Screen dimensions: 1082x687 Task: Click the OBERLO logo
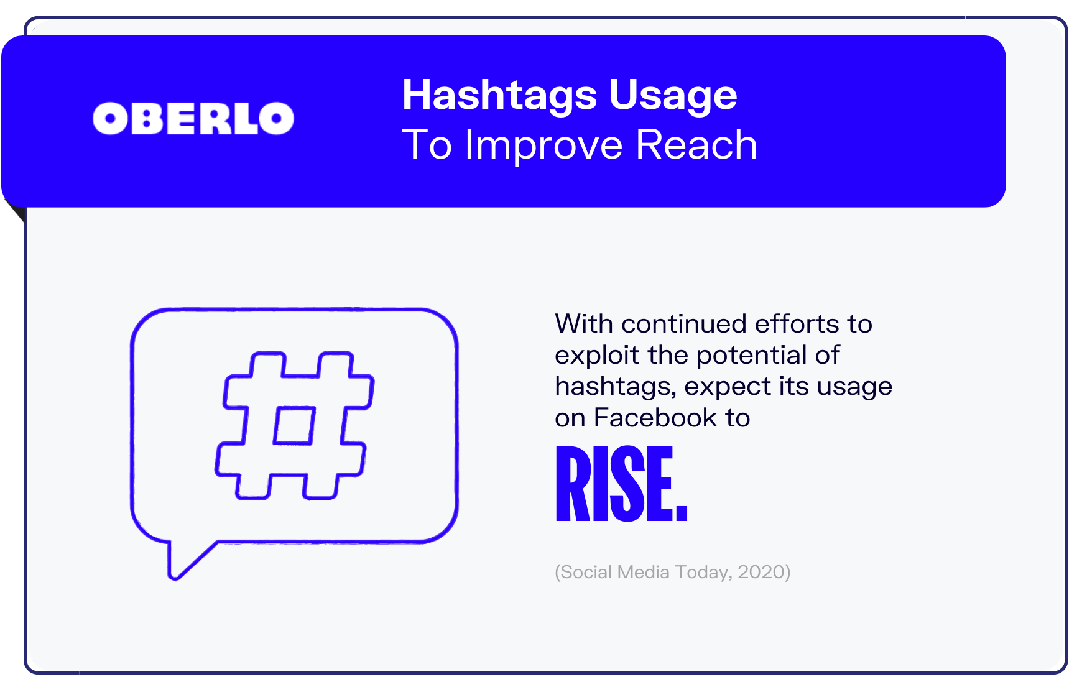193,118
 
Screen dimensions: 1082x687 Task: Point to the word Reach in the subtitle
696,144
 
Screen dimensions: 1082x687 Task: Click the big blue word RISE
621,484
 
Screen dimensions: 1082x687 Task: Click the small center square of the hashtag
294,425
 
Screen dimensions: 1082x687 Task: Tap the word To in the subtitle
427,145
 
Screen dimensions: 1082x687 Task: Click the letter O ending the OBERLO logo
277,118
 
